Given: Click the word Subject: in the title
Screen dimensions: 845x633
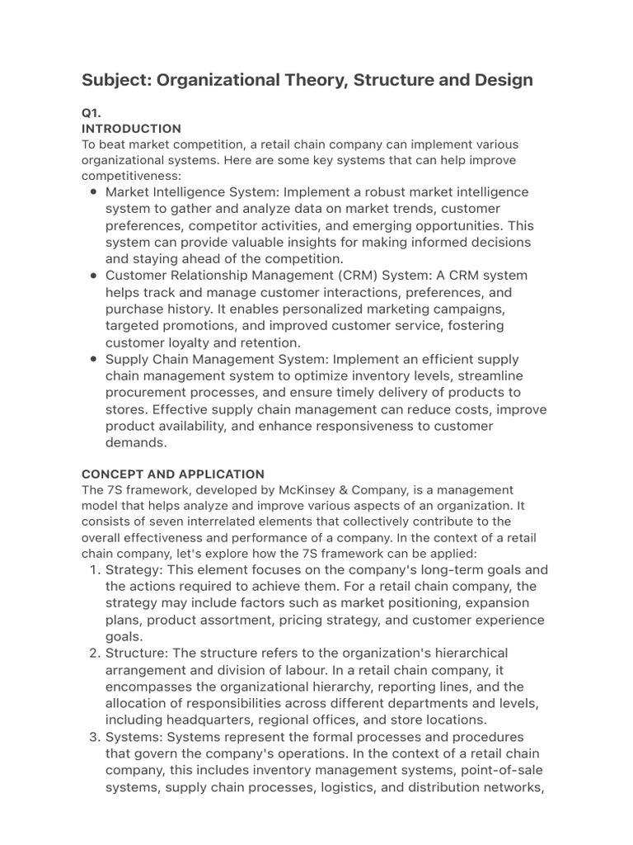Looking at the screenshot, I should (x=117, y=80).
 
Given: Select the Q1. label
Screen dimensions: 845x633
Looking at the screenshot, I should (x=91, y=112).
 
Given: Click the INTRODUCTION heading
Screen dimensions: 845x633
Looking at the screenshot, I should (x=131, y=129).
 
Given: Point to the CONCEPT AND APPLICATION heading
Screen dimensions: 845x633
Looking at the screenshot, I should (x=172, y=474).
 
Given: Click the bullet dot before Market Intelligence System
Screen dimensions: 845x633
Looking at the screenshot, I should (x=93, y=192).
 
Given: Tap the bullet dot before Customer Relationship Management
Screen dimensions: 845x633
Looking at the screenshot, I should (x=93, y=276).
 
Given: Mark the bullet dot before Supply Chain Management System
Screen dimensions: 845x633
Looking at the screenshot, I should (x=93, y=359).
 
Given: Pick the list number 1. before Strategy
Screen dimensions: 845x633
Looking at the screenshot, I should (x=93, y=570).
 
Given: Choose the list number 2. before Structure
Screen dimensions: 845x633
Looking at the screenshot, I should (x=93, y=654).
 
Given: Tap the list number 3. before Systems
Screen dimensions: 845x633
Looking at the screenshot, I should (x=93, y=737).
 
